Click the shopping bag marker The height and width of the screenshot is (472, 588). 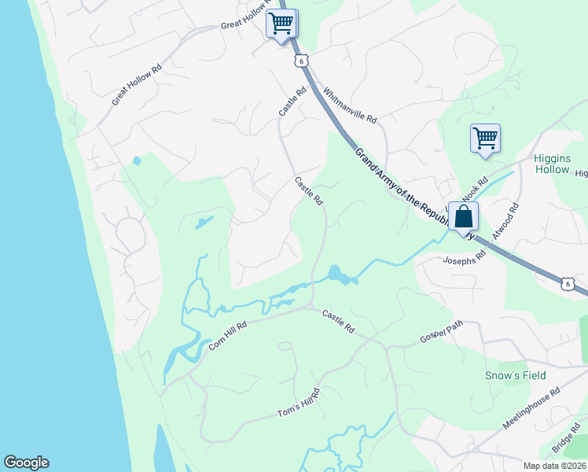tap(464, 217)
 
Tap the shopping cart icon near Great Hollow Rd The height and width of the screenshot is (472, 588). tap(281, 23)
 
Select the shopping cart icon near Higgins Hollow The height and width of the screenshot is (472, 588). tap(485, 138)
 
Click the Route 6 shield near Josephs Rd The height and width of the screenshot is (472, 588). tap(567, 282)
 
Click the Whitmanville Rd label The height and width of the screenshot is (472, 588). tap(350, 105)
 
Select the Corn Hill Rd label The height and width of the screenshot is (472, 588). tap(228, 336)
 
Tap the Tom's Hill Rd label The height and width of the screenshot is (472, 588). tap(300, 404)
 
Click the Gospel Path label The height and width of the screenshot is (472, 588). tap(442, 333)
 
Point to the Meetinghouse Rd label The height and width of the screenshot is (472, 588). tap(532, 408)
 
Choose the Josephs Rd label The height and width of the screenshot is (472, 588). tap(460, 260)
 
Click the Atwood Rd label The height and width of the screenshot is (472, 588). tap(506, 222)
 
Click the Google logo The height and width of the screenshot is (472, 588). tap(26, 463)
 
